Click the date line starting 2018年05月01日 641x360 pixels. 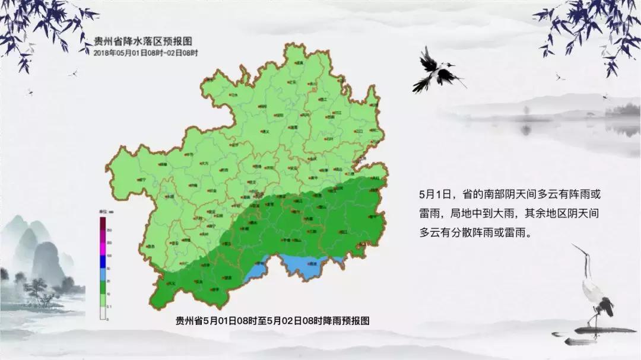coord(145,52)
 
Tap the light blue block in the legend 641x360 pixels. coord(103,273)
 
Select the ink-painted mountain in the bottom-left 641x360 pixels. coord(42,249)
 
